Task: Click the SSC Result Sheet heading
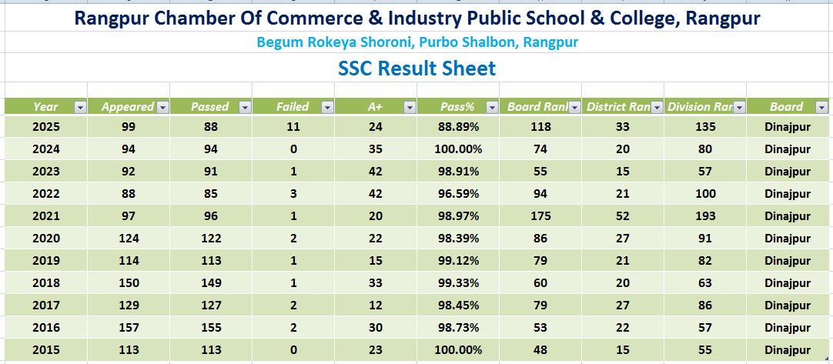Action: (x=416, y=68)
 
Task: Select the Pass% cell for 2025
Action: (x=460, y=126)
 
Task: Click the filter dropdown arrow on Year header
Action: (x=80, y=107)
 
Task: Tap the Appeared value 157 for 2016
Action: (x=129, y=327)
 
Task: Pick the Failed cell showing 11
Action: (x=293, y=126)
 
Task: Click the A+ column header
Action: (x=375, y=107)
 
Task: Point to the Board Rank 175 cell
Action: (x=540, y=215)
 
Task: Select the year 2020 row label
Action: (x=46, y=238)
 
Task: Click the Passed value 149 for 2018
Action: (x=210, y=282)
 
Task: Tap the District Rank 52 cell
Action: (x=623, y=215)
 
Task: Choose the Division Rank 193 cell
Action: (x=705, y=215)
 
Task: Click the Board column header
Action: (x=786, y=107)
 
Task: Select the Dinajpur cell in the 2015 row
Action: (x=790, y=349)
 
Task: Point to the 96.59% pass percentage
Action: (x=460, y=193)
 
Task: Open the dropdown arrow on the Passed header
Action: (x=245, y=107)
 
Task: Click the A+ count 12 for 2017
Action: (x=375, y=305)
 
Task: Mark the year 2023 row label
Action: (x=46, y=171)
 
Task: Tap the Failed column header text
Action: (x=293, y=107)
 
